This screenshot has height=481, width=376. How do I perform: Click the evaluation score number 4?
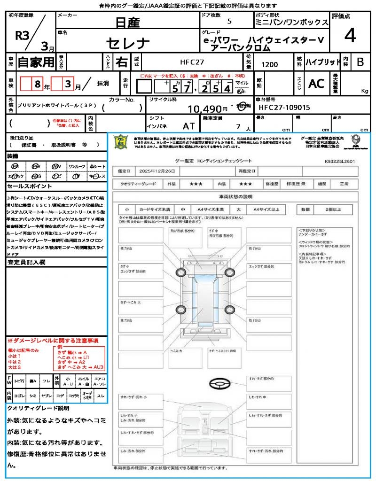[x=350, y=36]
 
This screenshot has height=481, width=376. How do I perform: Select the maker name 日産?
[x=127, y=22]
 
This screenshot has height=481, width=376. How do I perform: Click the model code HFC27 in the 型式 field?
[x=192, y=62]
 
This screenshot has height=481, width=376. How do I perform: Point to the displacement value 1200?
[x=269, y=65]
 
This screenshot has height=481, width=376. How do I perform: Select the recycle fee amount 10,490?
[x=204, y=109]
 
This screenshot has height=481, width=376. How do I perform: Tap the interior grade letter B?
[x=360, y=62]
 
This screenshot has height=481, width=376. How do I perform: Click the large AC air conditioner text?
[x=316, y=84]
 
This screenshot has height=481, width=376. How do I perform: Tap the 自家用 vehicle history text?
[x=36, y=62]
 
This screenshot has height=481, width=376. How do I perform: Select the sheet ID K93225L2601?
[x=339, y=161]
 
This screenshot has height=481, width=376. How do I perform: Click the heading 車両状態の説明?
[x=235, y=196]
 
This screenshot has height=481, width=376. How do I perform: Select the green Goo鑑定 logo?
[x=121, y=141]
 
